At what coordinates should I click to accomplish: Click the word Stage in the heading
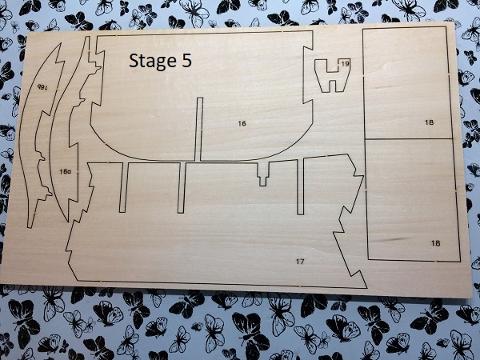point(151,62)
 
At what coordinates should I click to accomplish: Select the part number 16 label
point(242,123)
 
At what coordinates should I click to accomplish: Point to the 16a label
point(65,172)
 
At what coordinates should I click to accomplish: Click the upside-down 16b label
point(42,87)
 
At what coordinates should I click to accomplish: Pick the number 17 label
point(300,261)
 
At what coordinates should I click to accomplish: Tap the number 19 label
point(345,64)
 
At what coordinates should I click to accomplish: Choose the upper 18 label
point(429,122)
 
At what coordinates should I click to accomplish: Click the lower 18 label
point(436,243)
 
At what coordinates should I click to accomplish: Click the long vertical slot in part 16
point(199,129)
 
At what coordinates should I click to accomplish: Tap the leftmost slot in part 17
point(123,187)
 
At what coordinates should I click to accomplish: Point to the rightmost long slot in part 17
point(301,186)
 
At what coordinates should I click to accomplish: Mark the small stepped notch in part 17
point(263,174)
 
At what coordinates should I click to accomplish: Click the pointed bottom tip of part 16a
point(68,221)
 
